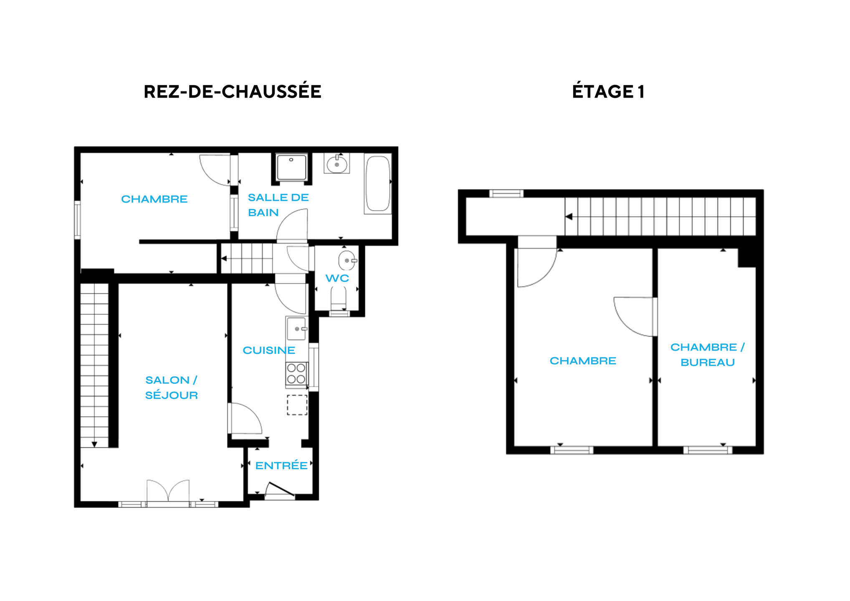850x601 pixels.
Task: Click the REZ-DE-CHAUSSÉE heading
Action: pyautogui.click(x=233, y=92)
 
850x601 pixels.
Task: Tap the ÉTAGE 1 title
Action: pyautogui.click(x=608, y=92)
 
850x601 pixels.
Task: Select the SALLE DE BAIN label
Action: pyautogui.click(x=278, y=205)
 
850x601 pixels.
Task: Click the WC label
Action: pyautogui.click(x=337, y=278)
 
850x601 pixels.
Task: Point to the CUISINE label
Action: pyautogui.click(x=269, y=350)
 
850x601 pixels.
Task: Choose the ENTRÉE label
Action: pyautogui.click(x=281, y=465)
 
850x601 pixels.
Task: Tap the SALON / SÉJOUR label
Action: pyautogui.click(x=171, y=388)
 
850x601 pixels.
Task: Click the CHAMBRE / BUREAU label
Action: pyautogui.click(x=707, y=355)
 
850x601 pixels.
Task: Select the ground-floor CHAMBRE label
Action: pyautogui.click(x=154, y=199)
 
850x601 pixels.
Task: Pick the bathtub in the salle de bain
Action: pyautogui.click(x=378, y=184)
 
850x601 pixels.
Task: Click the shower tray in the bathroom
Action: pyautogui.click(x=291, y=167)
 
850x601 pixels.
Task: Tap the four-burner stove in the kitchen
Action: pyautogui.click(x=296, y=374)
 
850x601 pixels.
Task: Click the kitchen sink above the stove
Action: pyautogui.click(x=296, y=328)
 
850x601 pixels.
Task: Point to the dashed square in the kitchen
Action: pyautogui.click(x=297, y=405)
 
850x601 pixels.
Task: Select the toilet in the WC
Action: pyautogui.click(x=338, y=300)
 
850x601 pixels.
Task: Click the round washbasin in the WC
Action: pyautogui.click(x=347, y=260)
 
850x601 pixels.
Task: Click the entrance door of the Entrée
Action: pyautogui.click(x=280, y=490)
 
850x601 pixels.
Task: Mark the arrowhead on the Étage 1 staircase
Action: pyautogui.click(x=569, y=217)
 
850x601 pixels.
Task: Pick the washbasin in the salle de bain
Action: pyautogui.click(x=337, y=164)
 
